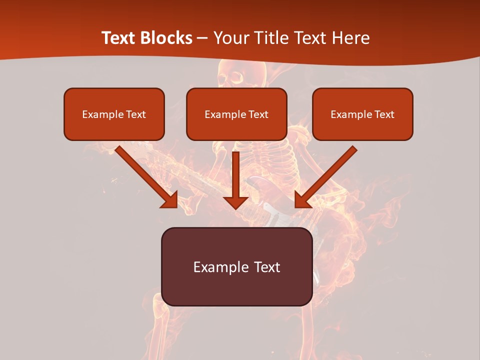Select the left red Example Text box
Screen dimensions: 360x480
click(x=114, y=114)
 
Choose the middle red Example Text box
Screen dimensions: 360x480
click(x=236, y=114)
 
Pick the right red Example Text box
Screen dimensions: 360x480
click(x=362, y=114)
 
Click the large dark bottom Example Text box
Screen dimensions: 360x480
click(x=237, y=266)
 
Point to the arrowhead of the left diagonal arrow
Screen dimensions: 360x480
click(x=169, y=199)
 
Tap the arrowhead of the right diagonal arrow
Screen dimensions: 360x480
click(x=303, y=199)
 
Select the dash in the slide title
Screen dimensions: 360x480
click(x=202, y=38)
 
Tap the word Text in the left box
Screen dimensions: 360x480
click(x=136, y=114)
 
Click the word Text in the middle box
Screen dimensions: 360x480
click(x=258, y=114)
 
